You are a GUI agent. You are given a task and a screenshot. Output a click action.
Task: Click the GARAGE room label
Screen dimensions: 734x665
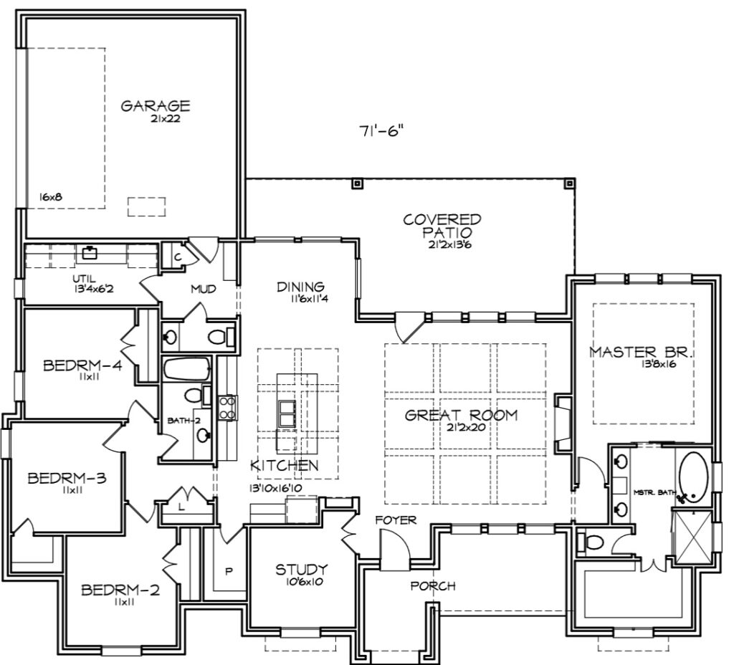(156, 106)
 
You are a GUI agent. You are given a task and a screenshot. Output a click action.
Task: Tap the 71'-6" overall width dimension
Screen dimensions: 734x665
(381, 131)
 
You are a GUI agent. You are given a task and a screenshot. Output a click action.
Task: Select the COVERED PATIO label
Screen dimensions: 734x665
(442, 226)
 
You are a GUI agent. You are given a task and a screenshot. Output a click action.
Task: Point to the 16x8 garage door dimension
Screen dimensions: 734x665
(51, 197)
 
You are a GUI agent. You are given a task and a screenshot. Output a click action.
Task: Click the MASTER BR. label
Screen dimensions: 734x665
(642, 352)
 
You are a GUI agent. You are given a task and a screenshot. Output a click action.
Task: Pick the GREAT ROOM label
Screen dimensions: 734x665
(461, 415)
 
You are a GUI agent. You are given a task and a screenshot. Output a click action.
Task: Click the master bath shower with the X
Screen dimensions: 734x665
(692, 535)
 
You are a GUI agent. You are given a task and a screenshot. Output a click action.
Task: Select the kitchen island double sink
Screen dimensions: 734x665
(287, 413)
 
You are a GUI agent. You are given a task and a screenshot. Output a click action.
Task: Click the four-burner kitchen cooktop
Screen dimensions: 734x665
(227, 408)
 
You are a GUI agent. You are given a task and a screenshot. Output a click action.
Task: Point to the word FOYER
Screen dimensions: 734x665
(396, 520)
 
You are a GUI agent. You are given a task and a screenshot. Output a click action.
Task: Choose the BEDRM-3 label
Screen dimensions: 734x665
(67, 478)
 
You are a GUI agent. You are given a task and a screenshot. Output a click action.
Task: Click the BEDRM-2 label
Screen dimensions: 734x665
(120, 590)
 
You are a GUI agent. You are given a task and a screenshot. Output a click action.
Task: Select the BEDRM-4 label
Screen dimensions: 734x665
(83, 365)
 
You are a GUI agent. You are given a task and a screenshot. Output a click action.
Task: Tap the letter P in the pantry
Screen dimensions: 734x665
(229, 571)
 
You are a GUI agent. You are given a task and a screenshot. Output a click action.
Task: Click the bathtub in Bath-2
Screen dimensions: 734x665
(187, 369)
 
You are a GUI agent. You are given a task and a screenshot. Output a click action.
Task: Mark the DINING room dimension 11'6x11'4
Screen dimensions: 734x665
(309, 298)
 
